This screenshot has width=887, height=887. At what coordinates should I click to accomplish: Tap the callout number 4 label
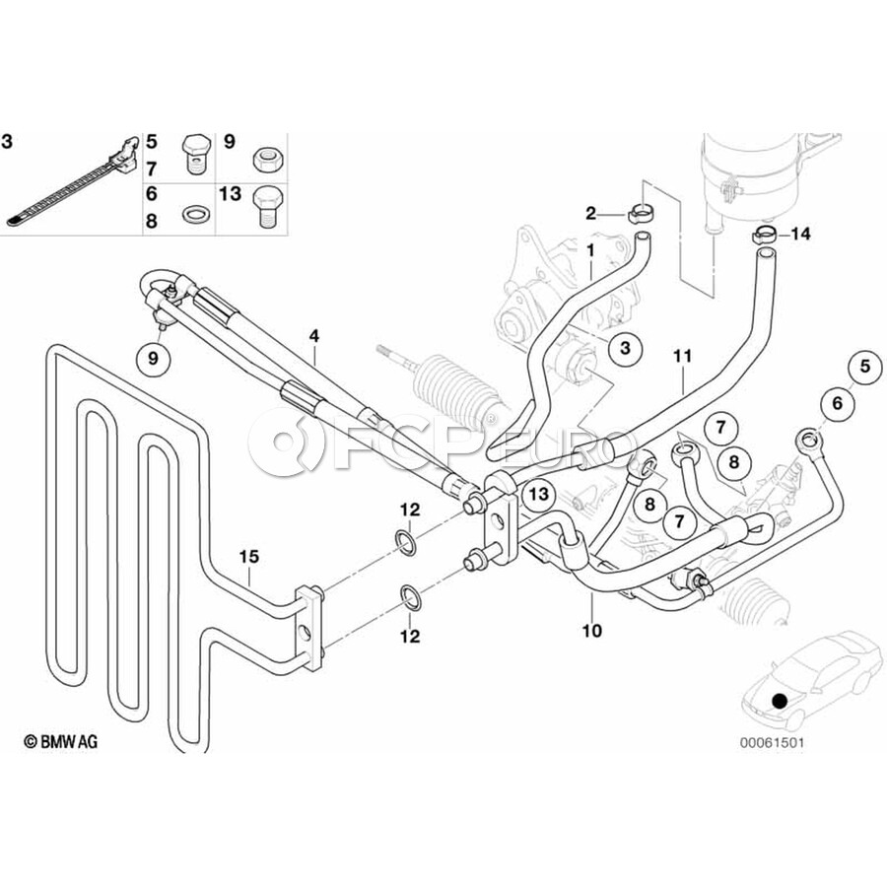[313, 336]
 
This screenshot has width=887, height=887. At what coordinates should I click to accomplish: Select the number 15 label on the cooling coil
[249, 557]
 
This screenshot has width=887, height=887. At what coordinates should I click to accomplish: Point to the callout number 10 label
[591, 630]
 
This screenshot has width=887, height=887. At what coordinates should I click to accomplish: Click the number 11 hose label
[683, 357]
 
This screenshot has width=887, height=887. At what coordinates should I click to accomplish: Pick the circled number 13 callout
[538, 495]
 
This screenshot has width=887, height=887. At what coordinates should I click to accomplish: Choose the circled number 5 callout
[865, 367]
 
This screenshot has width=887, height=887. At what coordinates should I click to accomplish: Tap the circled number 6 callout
[837, 403]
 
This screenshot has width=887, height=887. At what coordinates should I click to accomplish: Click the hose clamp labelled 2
[642, 215]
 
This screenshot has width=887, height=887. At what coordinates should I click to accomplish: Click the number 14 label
[800, 234]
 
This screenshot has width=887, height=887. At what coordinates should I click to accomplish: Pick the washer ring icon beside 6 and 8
[194, 214]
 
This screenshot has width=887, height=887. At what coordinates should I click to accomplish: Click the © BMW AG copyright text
[60, 741]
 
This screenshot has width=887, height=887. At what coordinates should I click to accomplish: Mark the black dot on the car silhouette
[780, 702]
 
